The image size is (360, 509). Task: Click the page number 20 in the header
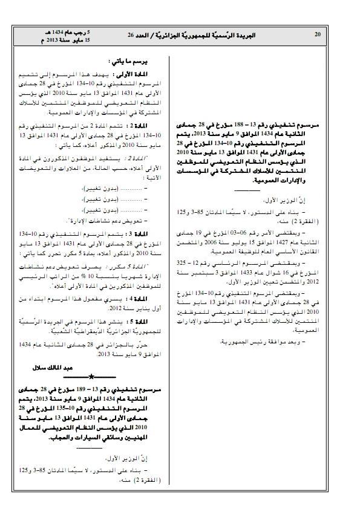tap(318, 34)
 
